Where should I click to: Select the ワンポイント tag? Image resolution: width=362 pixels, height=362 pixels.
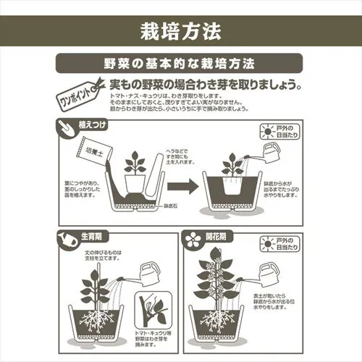(74, 93)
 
